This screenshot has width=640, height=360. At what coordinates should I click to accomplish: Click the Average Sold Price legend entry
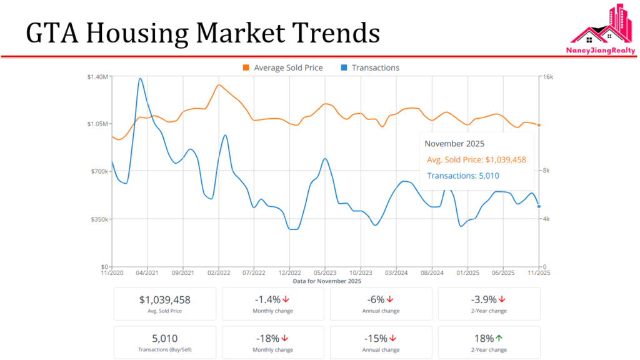(x=282, y=67)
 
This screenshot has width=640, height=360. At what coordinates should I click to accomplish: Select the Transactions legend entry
(x=370, y=67)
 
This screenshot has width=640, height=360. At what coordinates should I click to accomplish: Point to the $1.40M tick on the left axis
(x=97, y=76)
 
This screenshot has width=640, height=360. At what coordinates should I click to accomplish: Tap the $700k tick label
(x=99, y=171)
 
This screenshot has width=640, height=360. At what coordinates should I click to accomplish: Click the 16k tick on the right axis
(x=548, y=76)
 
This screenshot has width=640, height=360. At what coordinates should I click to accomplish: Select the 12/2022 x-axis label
(x=290, y=273)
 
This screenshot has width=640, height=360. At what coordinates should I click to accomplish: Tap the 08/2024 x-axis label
(x=432, y=273)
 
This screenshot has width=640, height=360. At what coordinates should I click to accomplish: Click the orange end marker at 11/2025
(x=539, y=125)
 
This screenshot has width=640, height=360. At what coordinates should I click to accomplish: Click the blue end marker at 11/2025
(x=539, y=206)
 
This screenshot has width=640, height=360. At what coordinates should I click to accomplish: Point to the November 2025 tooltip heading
(x=454, y=144)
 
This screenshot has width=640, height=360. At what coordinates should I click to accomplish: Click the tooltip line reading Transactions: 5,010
(x=463, y=176)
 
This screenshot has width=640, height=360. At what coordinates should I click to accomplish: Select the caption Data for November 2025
(x=327, y=281)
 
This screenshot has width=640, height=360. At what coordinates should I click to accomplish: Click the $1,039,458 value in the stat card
(x=165, y=299)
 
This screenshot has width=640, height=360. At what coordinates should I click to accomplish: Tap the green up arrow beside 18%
(x=499, y=338)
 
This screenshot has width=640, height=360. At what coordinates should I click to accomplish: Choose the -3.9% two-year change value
(x=484, y=299)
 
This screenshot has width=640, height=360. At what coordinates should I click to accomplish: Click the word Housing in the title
(x=142, y=32)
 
